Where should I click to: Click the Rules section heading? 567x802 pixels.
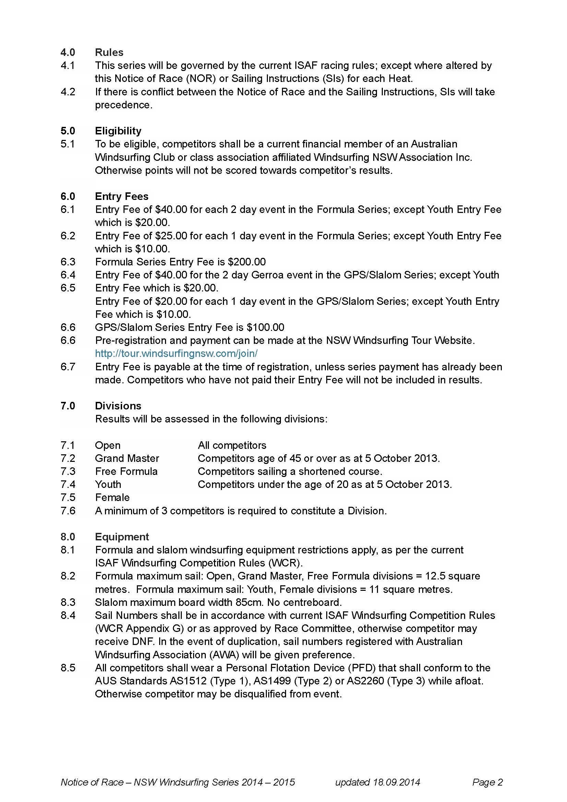coord(109,52)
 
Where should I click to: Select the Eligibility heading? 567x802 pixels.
coord(118,131)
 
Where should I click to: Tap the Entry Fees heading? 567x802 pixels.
coord(121,196)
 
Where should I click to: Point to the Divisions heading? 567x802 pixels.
coord(118,406)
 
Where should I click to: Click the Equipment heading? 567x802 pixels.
coord(122,537)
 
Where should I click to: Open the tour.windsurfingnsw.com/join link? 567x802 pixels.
coord(176,354)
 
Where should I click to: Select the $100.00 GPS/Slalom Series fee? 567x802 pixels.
coord(265,327)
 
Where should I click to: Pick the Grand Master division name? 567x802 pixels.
coord(127,458)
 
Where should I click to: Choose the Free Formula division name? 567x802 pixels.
coord(126,471)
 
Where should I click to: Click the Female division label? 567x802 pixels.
coord(112,498)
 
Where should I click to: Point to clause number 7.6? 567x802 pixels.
coord(68,511)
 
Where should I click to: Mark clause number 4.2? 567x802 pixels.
coord(68,92)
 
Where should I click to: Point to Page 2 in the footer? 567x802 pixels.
coord(487,782)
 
